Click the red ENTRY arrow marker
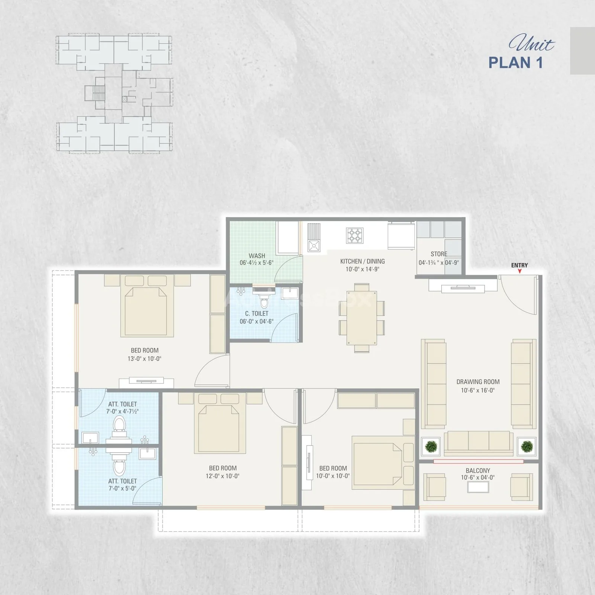coord(520,271)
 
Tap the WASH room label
coord(257,256)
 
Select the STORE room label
coord(439,254)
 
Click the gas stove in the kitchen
coord(354,235)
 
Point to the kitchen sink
coord(314,246)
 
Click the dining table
coord(361,318)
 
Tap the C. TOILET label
coord(257,313)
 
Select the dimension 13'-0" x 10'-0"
coord(144,359)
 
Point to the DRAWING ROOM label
coord(478,382)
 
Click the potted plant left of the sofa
coord(431,446)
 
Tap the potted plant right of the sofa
coord(527,446)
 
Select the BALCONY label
coord(478,470)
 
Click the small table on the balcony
coord(478,487)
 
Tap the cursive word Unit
coord(531,44)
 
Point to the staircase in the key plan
coord(99,93)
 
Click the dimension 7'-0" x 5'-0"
coord(122,488)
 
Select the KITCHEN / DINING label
coord(363,261)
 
